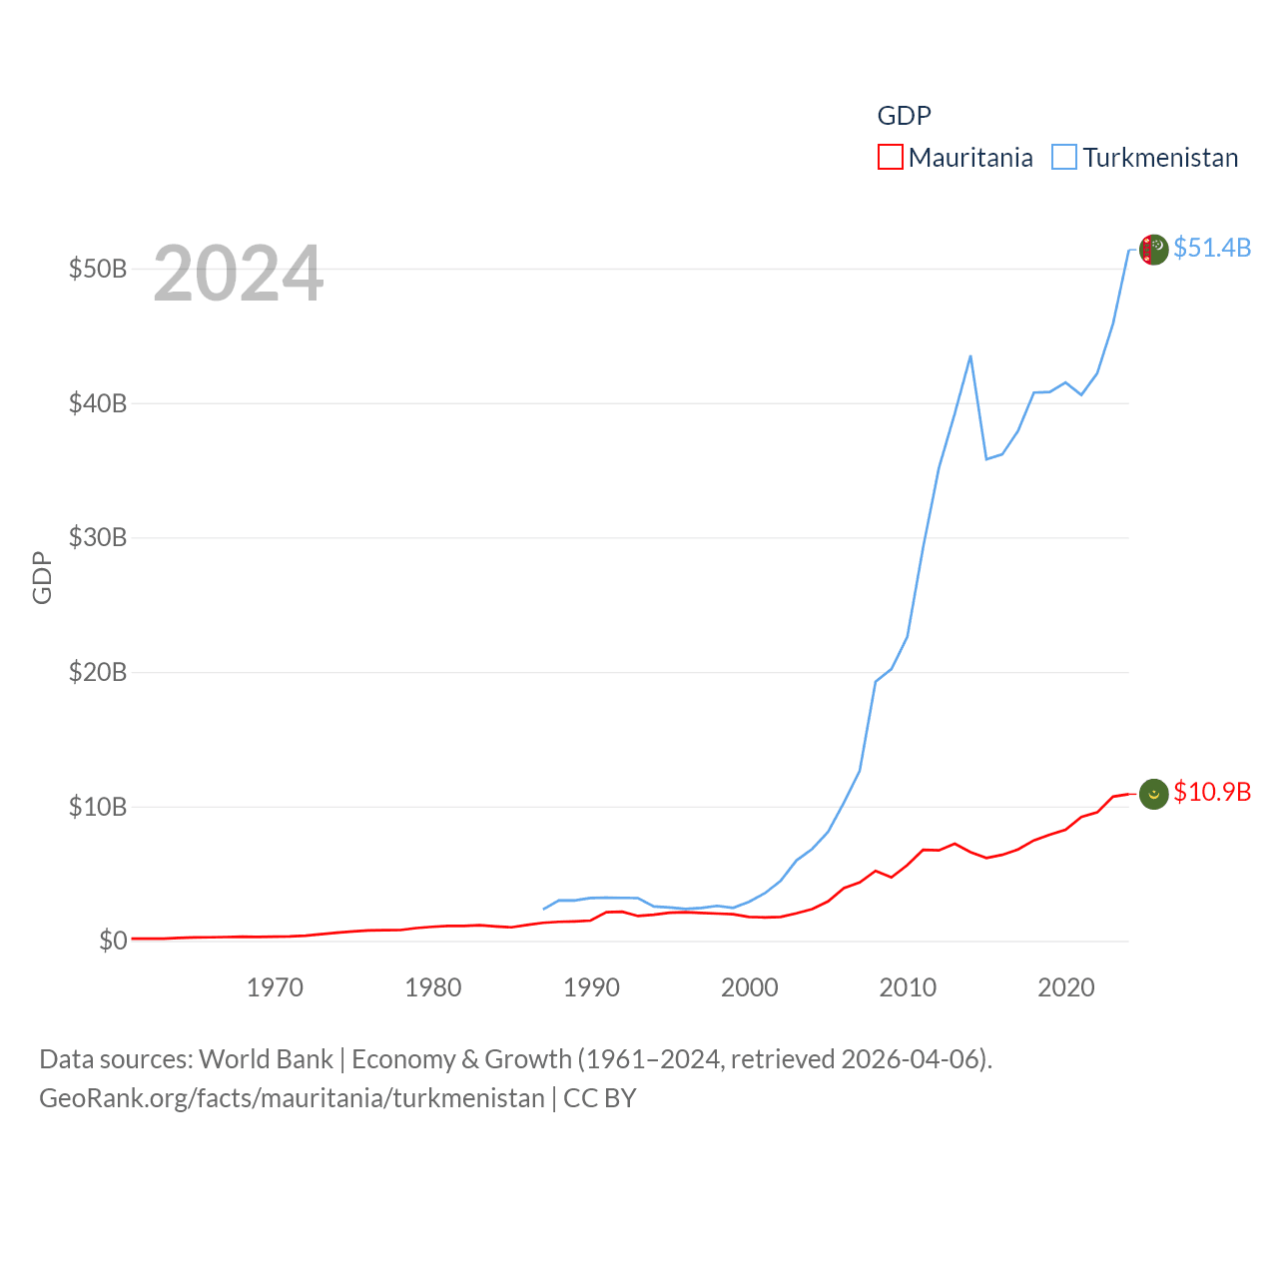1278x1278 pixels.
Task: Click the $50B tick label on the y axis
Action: click(x=97, y=270)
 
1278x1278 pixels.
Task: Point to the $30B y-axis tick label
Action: click(x=97, y=538)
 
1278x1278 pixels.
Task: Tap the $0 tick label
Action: click(x=113, y=942)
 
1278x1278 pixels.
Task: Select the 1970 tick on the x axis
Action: click(x=275, y=988)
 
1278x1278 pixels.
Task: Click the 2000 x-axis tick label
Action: click(x=749, y=988)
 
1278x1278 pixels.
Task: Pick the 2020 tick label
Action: click(x=1065, y=988)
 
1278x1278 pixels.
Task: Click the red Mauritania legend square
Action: click(x=890, y=158)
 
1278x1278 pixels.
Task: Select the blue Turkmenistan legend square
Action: click(x=1064, y=158)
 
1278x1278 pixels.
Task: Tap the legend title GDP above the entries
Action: click(x=904, y=116)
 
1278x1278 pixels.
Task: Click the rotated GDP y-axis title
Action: click(x=42, y=577)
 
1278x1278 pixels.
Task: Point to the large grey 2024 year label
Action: click(x=238, y=274)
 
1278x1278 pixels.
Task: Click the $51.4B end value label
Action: click(x=1212, y=248)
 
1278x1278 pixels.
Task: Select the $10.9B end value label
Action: click(x=1212, y=792)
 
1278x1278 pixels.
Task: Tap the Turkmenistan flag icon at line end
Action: click(x=1153, y=250)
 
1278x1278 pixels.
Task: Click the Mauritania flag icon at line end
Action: click(x=1153, y=794)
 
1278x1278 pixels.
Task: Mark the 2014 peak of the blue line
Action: click(x=970, y=356)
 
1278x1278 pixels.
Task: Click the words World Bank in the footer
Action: click(x=266, y=1059)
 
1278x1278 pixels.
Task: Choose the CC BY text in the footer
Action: click(x=599, y=1098)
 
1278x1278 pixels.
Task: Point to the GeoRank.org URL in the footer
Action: click(x=292, y=1098)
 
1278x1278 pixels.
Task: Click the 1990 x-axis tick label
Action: click(x=591, y=988)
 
